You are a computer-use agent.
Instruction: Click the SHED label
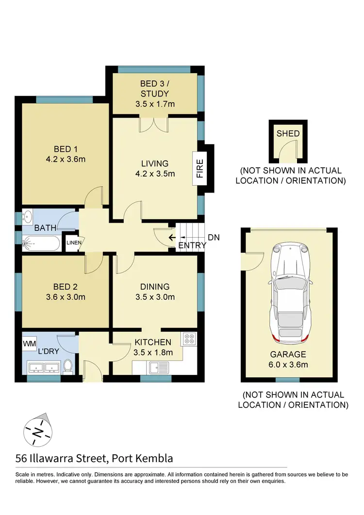[x=288, y=134]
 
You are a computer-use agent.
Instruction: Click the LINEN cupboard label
[x=73, y=242]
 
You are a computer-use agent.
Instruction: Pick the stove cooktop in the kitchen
[x=188, y=339]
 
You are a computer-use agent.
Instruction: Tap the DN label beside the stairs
[x=214, y=238]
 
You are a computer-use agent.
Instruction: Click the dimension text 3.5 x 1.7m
[x=155, y=104]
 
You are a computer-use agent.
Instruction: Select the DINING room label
[x=155, y=287]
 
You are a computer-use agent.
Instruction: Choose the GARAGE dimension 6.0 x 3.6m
[x=289, y=365]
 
